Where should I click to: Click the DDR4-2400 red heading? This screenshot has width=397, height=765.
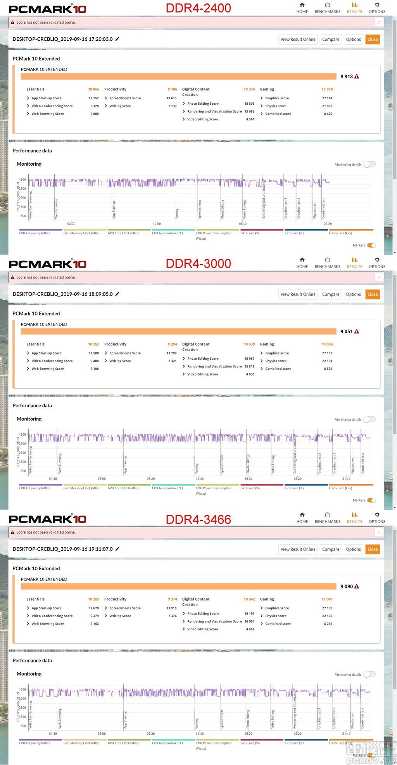click(x=198, y=8)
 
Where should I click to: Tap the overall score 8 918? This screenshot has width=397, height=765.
click(x=347, y=76)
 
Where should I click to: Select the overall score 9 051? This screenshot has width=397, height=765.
click(x=347, y=331)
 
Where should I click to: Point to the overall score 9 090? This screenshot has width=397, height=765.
click(x=347, y=586)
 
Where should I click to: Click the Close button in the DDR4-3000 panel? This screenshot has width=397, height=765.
click(x=372, y=294)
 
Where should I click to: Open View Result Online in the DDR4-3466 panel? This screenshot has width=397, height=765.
click(x=298, y=549)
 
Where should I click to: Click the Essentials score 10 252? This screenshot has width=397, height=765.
click(x=93, y=344)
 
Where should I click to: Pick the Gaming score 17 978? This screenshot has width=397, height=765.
click(x=327, y=89)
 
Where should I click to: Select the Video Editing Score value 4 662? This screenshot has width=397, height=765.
click(x=250, y=629)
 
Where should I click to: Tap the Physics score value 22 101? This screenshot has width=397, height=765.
click(x=327, y=361)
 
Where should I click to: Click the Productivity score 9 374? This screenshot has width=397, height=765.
click(x=172, y=599)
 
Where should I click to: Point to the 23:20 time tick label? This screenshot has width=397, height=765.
click(x=328, y=224)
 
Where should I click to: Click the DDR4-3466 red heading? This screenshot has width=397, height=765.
click(x=198, y=519)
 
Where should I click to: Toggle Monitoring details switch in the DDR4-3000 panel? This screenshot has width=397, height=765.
click(x=369, y=419)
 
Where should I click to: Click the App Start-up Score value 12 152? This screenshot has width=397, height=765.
click(x=93, y=98)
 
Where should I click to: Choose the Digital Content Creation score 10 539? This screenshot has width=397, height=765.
click(x=249, y=344)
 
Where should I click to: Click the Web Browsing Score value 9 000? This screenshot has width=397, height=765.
click(x=95, y=114)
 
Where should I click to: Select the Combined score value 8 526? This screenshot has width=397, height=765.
click(x=328, y=369)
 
